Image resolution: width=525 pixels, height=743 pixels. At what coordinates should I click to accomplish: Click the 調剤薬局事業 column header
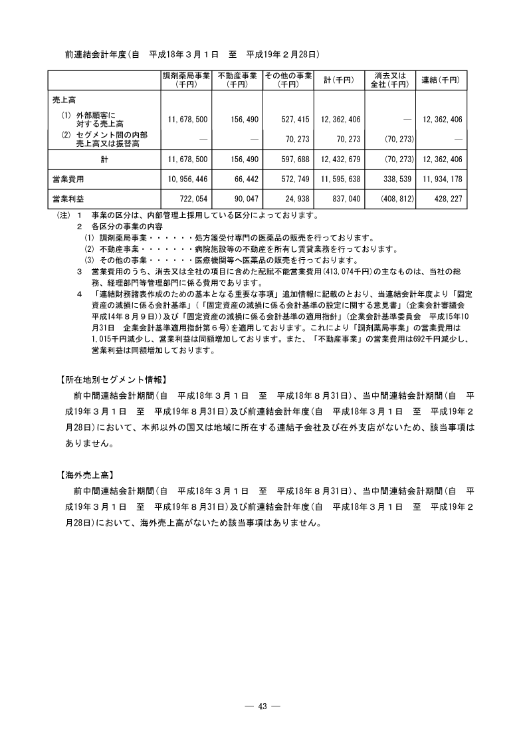186,80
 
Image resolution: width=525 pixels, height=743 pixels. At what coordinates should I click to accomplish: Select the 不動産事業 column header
237,80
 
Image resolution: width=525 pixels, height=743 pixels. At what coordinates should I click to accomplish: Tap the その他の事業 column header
288,80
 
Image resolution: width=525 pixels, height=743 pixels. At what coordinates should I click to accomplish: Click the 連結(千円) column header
441,80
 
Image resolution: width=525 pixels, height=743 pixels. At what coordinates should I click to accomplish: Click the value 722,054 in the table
191,199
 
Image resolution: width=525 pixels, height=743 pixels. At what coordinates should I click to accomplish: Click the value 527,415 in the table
293,120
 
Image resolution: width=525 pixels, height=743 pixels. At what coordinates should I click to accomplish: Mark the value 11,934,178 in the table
442,179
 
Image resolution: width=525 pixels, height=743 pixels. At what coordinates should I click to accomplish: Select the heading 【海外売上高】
84,475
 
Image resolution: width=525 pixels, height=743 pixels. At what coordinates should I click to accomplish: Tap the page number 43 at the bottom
262,706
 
